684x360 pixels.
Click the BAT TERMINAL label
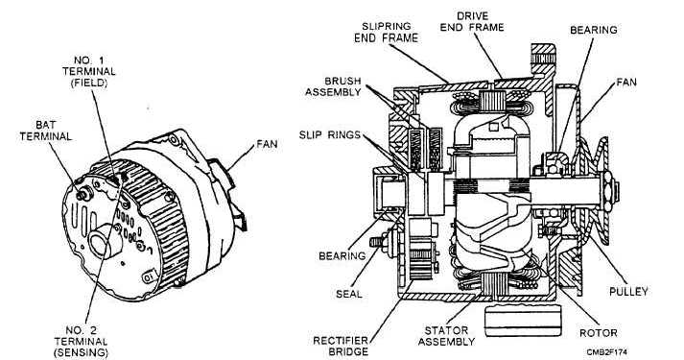[45, 131]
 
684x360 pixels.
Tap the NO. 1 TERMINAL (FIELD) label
[88, 71]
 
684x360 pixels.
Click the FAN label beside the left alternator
[267, 144]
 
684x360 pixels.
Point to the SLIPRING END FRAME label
[386, 33]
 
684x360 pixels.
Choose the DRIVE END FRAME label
[472, 22]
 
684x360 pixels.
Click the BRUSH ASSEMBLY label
[333, 86]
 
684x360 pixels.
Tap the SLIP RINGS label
[330, 134]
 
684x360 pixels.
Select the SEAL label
[349, 294]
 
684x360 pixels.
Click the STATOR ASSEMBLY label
[446, 336]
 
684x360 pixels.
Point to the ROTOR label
[598, 333]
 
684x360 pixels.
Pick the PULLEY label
[628, 292]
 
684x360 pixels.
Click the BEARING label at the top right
[594, 30]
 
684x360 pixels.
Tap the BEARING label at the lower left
[342, 255]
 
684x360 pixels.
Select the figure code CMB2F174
[607, 351]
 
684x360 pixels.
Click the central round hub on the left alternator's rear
[105, 240]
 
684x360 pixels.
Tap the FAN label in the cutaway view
[626, 82]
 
